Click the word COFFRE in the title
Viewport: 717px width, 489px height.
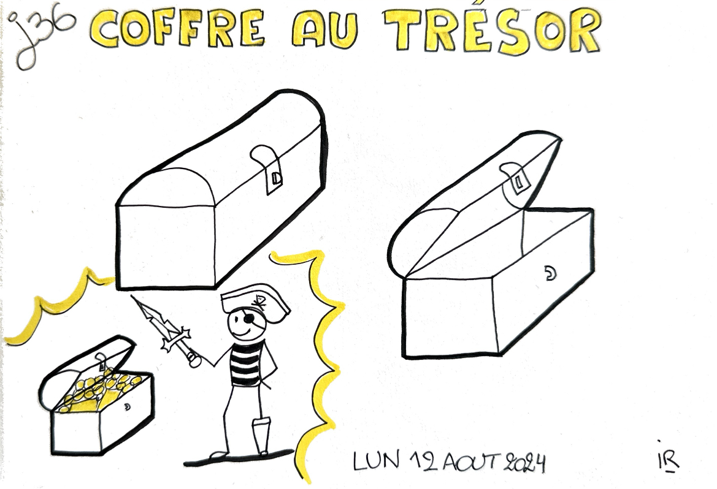click(x=177, y=28)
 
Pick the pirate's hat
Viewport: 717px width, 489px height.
click(x=255, y=301)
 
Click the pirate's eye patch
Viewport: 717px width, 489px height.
click(x=249, y=319)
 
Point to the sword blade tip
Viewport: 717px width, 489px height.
click(x=132, y=297)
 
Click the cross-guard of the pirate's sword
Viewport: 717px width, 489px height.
click(x=175, y=339)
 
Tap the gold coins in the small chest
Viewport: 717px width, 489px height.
click(x=98, y=389)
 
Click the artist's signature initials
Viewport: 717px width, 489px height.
click(x=668, y=458)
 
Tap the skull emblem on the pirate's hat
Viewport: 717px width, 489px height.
click(x=258, y=302)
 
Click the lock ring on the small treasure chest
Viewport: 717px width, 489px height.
click(x=127, y=406)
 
